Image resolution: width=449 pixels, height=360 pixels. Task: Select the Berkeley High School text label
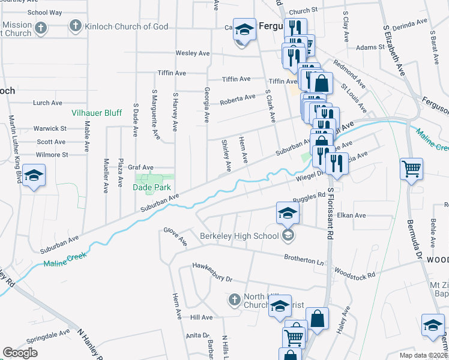tap(240, 236)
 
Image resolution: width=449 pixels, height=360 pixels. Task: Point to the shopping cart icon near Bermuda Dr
tap(411, 169)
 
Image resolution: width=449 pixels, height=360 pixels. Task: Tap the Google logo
tap(20, 352)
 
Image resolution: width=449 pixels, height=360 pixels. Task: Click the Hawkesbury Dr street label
tap(212, 272)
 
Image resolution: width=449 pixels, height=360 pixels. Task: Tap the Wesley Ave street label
tap(192, 53)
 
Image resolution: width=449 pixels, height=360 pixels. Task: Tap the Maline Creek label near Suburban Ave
tap(65, 259)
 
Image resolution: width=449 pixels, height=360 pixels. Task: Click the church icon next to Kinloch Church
tap(75, 26)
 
